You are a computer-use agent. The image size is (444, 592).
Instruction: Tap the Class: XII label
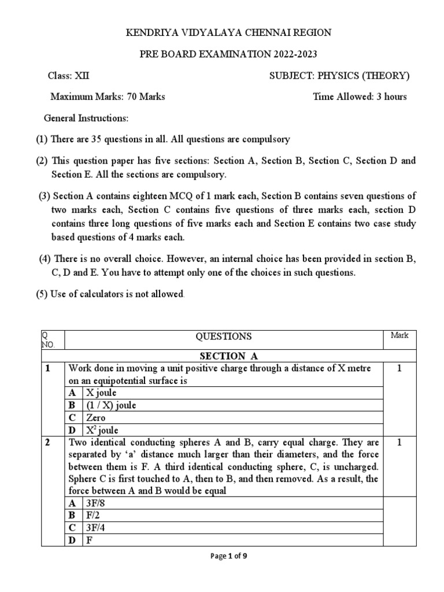pos(68,76)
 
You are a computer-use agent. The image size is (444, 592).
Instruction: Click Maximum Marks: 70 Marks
pos(108,97)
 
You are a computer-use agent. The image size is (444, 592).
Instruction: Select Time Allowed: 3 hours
pos(360,97)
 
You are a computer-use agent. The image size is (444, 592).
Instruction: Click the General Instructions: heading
pos(86,118)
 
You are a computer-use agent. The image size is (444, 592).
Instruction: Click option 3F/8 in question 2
pos(96,503)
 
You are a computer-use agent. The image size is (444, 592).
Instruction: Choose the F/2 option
pos(93,515)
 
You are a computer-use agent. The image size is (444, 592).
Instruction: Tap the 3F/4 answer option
pos(96,527)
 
